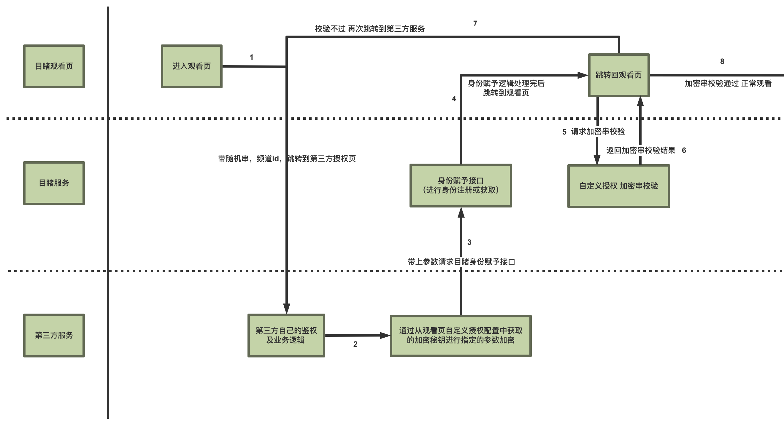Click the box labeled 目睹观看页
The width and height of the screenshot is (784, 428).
coord(54,66)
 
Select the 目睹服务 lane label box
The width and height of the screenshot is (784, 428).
coord(54,183)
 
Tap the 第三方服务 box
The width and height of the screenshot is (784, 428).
coord(54,335)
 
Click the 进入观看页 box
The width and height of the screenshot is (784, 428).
coord(191,66)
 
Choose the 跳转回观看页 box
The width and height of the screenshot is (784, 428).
coord(619,75)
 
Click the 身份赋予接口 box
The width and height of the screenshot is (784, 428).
coord(461,186)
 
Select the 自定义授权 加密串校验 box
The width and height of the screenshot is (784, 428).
coord(618,186)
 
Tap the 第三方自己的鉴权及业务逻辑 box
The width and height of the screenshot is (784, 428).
coord(286,335)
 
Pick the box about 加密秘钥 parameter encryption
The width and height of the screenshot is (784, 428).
coord(461,336)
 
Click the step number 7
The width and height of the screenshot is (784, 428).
coord(475,23)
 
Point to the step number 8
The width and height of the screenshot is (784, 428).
coord(722,61)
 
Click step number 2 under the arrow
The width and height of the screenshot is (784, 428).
coord(355,344)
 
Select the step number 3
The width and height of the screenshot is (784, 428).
coord(469,242)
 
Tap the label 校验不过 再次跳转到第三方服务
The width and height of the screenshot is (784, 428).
coord(369,29)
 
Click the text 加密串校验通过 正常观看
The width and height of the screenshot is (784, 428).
coord(728,83)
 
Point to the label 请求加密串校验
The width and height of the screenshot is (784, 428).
coord(598,131)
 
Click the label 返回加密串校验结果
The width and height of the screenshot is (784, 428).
coord(641,150)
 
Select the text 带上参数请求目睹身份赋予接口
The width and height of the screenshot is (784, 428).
coord(461,262)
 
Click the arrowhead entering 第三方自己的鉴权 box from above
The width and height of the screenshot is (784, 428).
coord(286,309)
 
